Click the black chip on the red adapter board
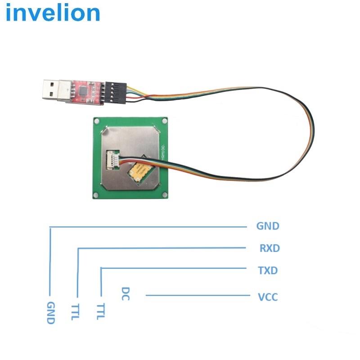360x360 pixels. click(84, 90)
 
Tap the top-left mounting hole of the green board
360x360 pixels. click(96, 120)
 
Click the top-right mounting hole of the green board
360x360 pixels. click(165, 121)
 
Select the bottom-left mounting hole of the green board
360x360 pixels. click(96, 194)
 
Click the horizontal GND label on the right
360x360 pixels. click(268, 226)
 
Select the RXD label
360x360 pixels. click(270, 248)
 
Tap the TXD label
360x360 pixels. click(268, 270)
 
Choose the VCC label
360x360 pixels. click(268, 297)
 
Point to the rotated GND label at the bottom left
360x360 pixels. click(50, 313)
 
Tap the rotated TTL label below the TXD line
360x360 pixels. click(100, 310)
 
